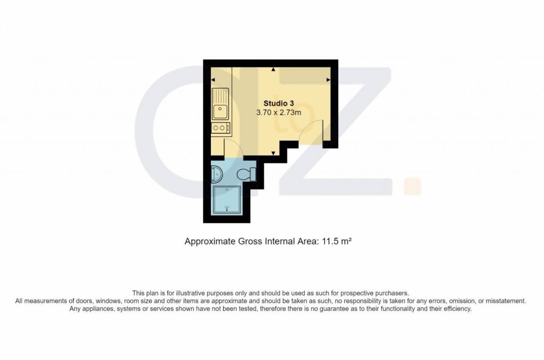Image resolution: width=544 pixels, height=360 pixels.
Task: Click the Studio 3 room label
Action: point(278,104)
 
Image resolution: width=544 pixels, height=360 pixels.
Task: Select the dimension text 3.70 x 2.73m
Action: point(278,113)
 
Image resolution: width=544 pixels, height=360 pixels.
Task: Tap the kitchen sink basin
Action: point(220,112)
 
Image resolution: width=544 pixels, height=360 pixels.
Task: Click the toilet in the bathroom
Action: point(246,174)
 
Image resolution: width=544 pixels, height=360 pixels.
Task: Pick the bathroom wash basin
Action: point(217,174)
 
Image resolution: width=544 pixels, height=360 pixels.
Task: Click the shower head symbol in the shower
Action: point(227,209)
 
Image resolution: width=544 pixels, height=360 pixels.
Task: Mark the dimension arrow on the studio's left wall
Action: point(213,80)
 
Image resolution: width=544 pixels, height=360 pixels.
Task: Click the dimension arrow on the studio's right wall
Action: point(328,80)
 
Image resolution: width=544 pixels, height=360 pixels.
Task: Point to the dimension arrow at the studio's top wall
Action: point(274,70)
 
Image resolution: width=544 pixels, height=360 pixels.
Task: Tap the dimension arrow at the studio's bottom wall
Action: point(274,153)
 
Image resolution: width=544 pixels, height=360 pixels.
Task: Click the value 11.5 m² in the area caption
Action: point(337,241)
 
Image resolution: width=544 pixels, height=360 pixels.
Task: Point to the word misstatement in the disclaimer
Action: point(506,301)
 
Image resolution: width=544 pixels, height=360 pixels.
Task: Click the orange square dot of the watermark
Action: point(412,186)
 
